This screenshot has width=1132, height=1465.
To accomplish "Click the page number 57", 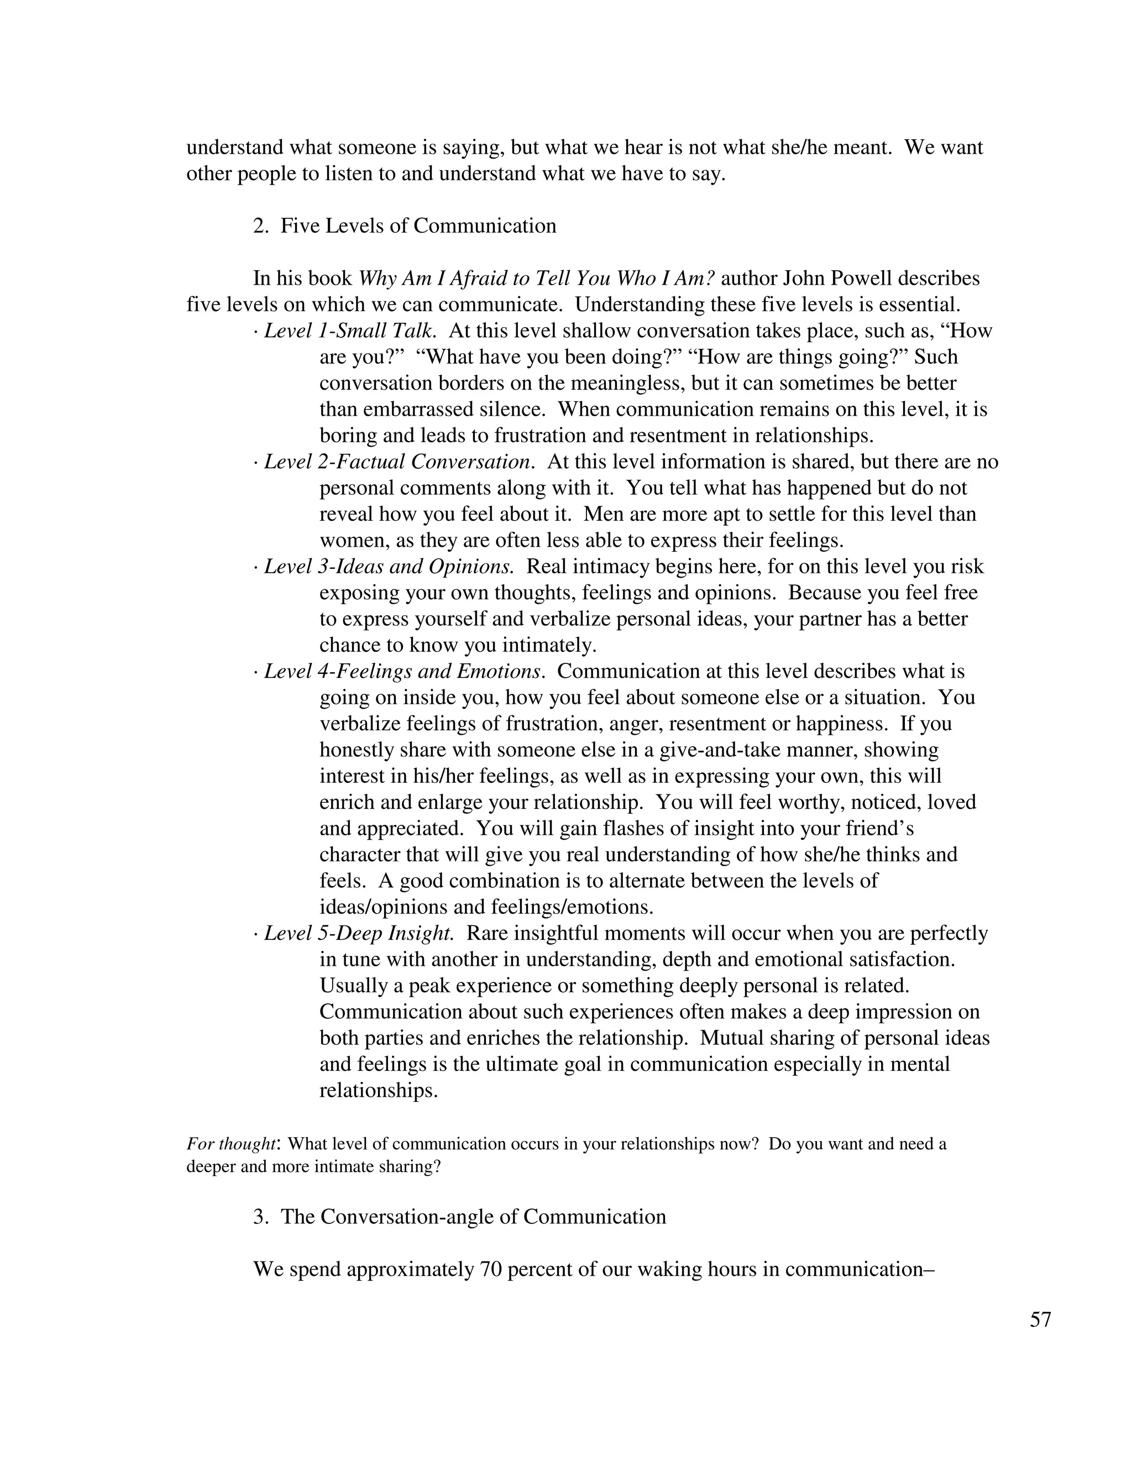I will (x=1040, y=1320).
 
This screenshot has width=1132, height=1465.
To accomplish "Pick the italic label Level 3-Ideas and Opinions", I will (x=389, y=567).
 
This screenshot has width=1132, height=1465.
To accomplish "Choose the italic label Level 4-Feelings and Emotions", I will (x=402, y=672).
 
